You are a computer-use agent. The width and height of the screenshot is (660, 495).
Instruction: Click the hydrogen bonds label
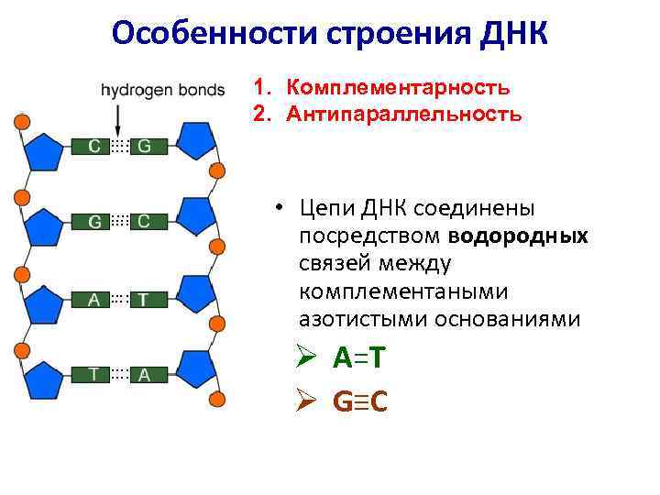point(163,90)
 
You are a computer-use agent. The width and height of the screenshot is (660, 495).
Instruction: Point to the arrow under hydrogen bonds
point(118,117)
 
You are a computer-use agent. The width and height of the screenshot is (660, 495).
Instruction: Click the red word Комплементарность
point(398,88)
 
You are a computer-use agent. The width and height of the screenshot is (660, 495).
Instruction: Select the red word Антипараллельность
point(404,115)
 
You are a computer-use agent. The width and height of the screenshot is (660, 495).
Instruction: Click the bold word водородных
point(520,236)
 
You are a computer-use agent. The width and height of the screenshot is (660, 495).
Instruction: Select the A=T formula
point(359,358)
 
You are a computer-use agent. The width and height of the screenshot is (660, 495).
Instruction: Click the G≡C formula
point(360,401)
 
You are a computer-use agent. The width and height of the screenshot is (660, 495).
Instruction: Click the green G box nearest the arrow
point(145,146)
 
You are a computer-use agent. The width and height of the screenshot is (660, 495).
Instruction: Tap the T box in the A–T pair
point(145,299)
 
